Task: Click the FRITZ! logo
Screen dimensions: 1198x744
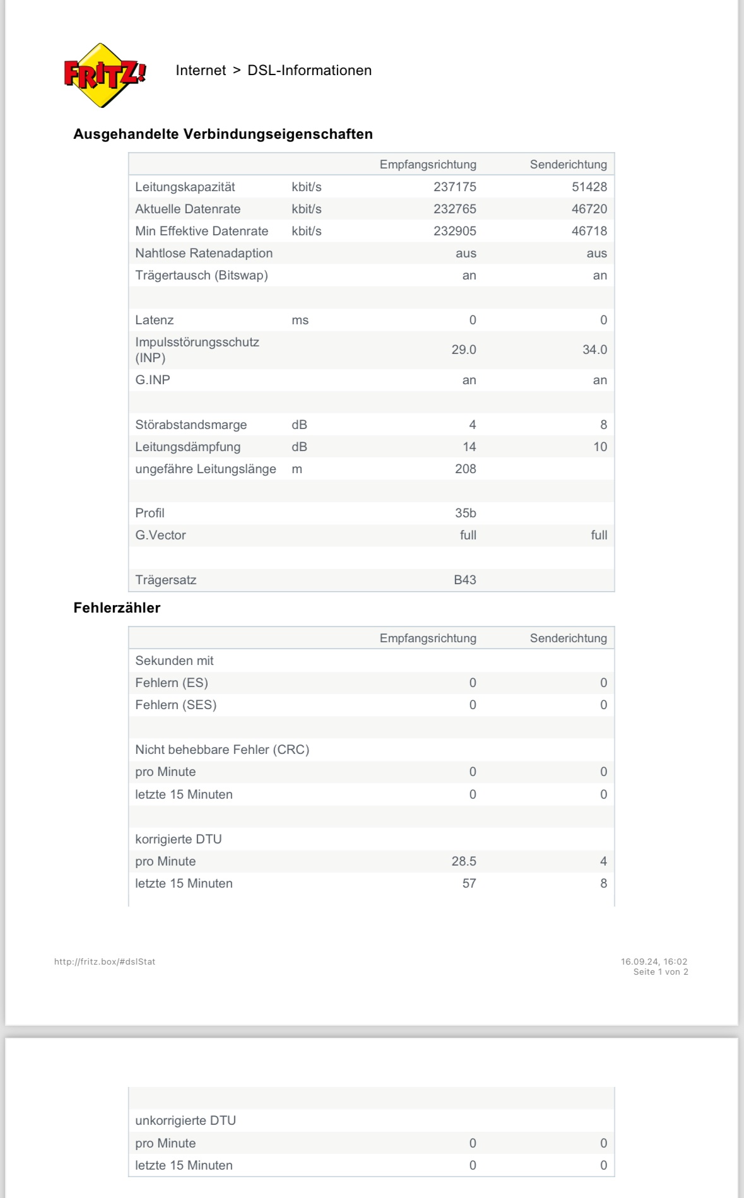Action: tap(105, 75)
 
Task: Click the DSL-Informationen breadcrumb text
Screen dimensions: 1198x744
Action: tap(309, 70)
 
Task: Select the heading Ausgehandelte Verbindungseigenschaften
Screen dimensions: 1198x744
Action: tap(223, 134)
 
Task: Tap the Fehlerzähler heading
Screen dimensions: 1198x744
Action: tap(117, 608)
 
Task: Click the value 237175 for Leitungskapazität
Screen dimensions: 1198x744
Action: tap(454, 187)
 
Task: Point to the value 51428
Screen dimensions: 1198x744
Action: tap(589, 187)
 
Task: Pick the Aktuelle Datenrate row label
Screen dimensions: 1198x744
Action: tap(187, 209)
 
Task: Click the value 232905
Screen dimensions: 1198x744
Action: tap(454, 231)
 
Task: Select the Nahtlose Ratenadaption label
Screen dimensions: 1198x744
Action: tap(204, 253)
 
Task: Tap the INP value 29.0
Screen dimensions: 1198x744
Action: tap(463, 349)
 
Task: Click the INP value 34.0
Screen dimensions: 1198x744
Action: tap(594, 349)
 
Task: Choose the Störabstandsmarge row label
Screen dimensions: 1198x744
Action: tap(191, 425)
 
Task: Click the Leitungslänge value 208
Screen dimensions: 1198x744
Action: tap(465, 469)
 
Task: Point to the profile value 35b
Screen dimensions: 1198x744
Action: tap(465, 513)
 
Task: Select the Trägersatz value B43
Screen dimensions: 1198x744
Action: tap(464, 580)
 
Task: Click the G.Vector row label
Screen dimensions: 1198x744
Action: tap(160, 535)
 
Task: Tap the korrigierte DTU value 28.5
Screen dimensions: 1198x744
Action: tap(463, 861)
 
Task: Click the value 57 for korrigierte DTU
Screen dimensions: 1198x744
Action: tap(469, 883)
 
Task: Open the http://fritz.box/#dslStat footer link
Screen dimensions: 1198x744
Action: tap(105, 961)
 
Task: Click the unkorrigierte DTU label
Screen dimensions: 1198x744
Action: tap(186, 1120)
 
